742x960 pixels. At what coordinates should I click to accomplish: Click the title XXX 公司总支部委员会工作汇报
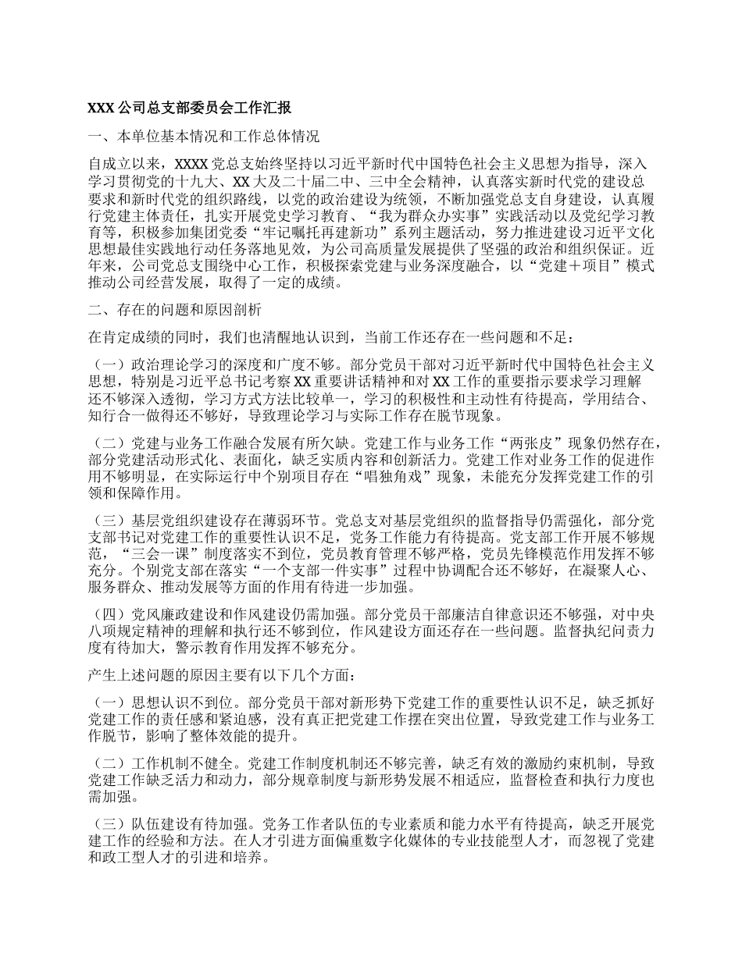click(x=191, y=108)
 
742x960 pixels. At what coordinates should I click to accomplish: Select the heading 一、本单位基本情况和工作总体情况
click(x=204, y=137)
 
